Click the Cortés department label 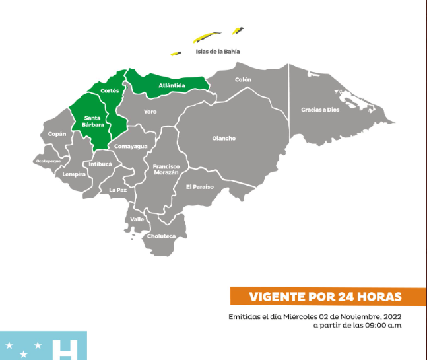pyautogui.click(x=110, y=90)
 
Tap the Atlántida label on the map pyautogui.click(x=172, y=85)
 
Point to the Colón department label pyautogui.click(x=244, y=80)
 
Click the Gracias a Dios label pyautogui.click(x=320, y=110)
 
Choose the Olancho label pyautogui.click(x=224, y=138)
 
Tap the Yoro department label pyautogui.click(x=150, y=112)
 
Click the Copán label pyautogui.click(x=57, y=134)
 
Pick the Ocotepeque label pyautogui.click(x=48, y=161)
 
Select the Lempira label pyautogui.click(x=74, y=174)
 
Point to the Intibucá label pyautogui.click(x=100, y=164)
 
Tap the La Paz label pyautogui.click(x=117, y=190)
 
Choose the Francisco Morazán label pyautogui.click(x=166, y=169)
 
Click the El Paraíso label pyautogui.click(x=200, y=186)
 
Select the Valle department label pyautogui.click(x=137, y=219)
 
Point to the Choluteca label pyautogui.click(x=161, y=236)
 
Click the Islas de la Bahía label pyautogui.click(x=218, y=51)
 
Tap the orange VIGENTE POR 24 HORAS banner pyautogui.click(x=327, y=296)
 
